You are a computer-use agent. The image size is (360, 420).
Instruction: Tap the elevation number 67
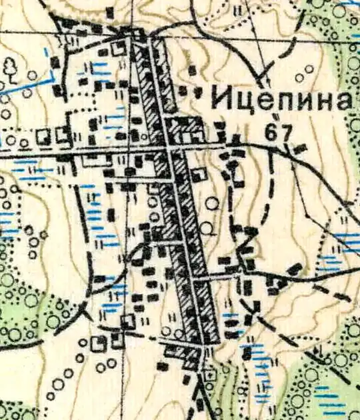(278, 132)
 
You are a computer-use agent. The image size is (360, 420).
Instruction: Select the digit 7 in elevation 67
(285, 132)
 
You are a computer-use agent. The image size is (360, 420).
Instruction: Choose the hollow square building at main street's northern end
(121, 47)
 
